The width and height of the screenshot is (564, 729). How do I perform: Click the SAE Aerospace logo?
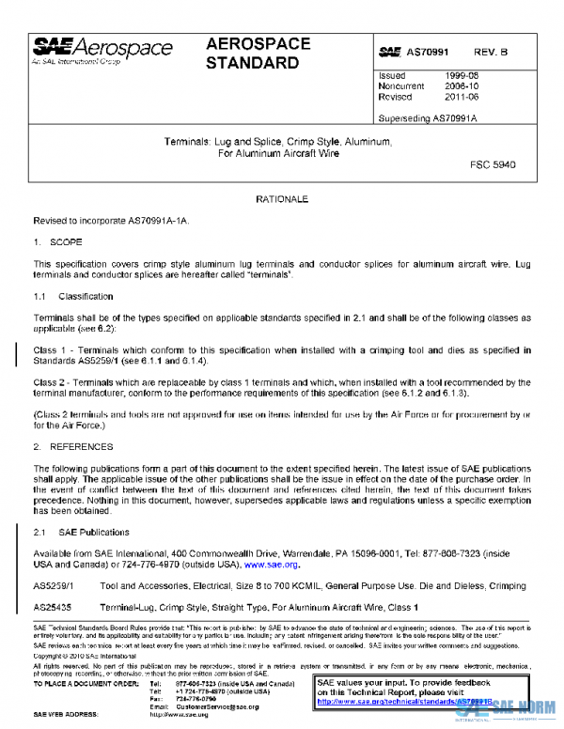tap(102, 51)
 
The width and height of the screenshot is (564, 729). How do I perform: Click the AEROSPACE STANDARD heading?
tap(253, 54)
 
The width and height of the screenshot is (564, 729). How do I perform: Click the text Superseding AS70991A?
tap(428, 118)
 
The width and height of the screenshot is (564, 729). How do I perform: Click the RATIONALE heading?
tap(282, 200)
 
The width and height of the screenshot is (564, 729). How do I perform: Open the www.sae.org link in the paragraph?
tap(271, 566)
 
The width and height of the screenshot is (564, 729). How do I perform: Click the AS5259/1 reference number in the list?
tap(55, 587)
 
